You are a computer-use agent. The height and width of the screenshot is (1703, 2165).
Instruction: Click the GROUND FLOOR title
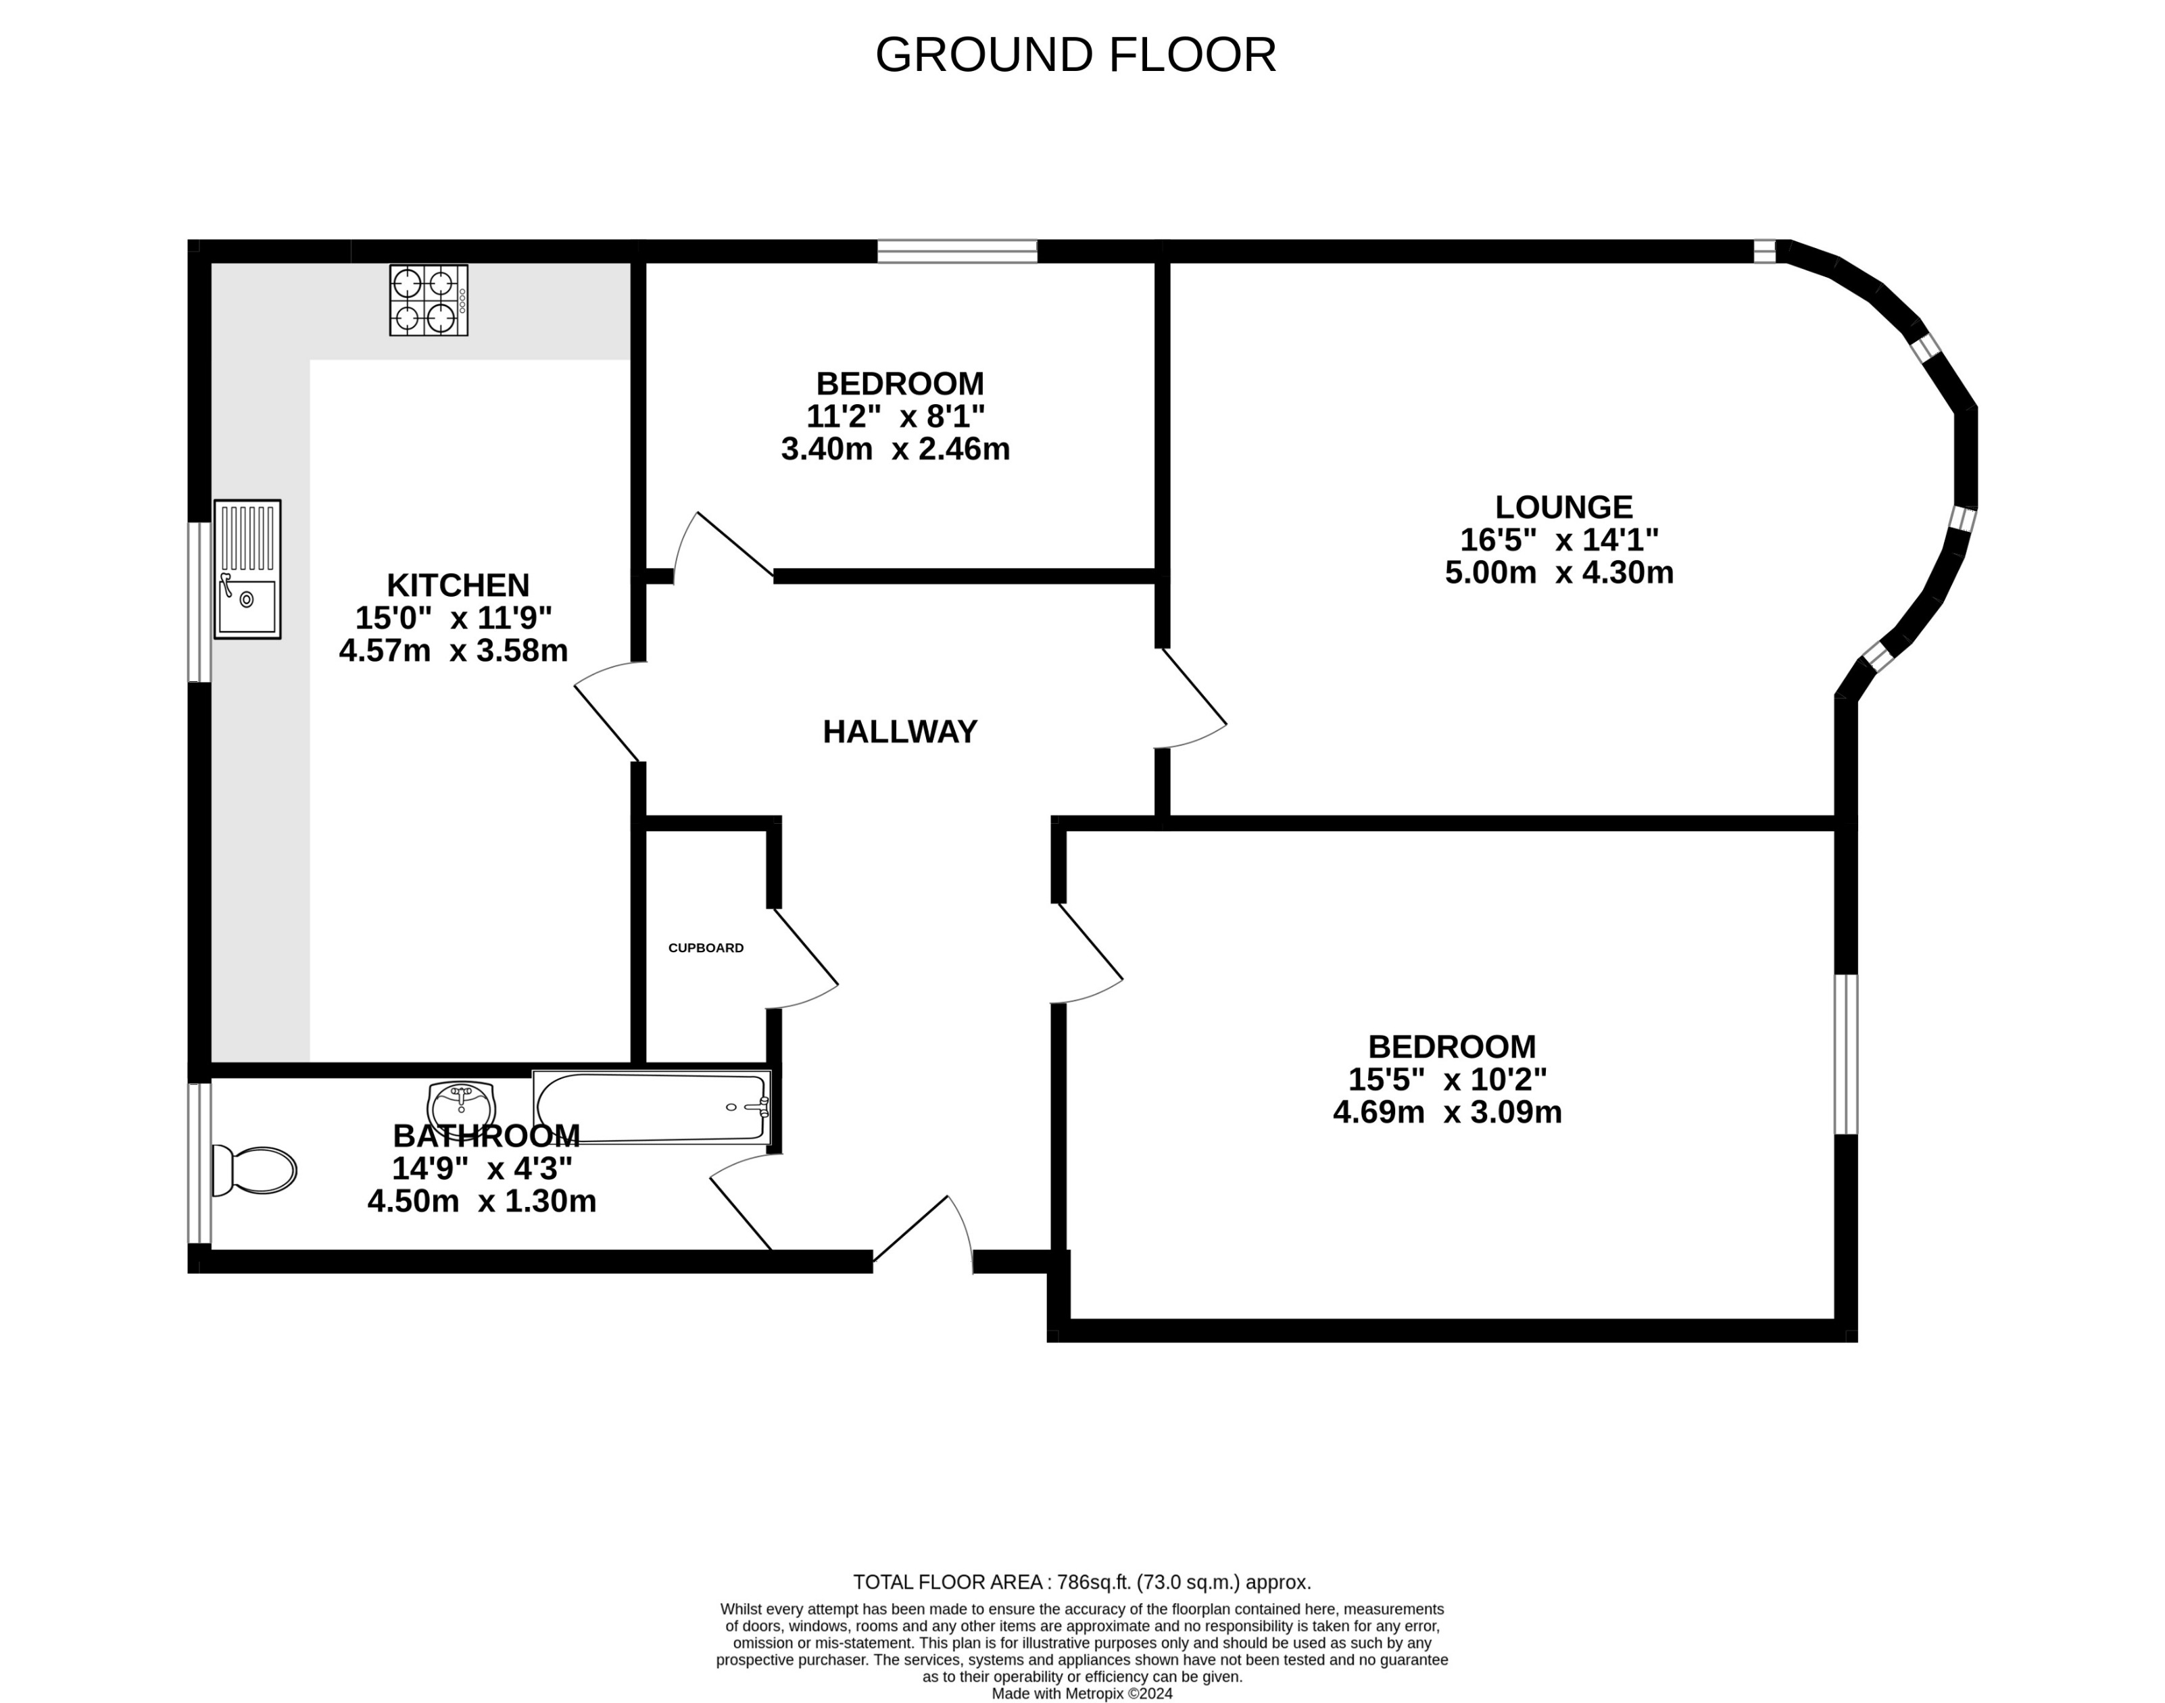click(x=1075, y=55)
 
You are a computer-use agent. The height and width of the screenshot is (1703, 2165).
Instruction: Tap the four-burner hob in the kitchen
click(x=428, y=300)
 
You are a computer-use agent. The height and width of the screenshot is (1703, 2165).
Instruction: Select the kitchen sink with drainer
click(x=247, y=569)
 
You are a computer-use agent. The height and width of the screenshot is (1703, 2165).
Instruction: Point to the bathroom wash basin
click(x=461, y=1105)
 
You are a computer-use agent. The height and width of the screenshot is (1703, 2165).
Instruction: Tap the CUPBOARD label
click(x=705, y=947)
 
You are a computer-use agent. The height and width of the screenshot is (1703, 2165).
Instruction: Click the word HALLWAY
click(x=900, y=732)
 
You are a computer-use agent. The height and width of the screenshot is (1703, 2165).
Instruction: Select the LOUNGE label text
click(x=1563, y=507)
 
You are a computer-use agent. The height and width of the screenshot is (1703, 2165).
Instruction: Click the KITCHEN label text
click(x=458, y=585)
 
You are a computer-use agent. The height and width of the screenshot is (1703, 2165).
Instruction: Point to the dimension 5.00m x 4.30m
click(x=1559, y=572)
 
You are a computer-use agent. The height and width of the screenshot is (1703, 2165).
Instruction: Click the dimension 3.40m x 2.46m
click(x=894, y=449)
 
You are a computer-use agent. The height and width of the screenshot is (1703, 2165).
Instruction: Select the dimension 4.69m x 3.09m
click(x=1447, y=1112)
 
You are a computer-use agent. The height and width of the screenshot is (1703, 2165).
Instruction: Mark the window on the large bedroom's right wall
click(x=1846, y=1054)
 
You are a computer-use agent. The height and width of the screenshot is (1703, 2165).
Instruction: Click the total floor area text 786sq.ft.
click(x=1081, y=1582)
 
